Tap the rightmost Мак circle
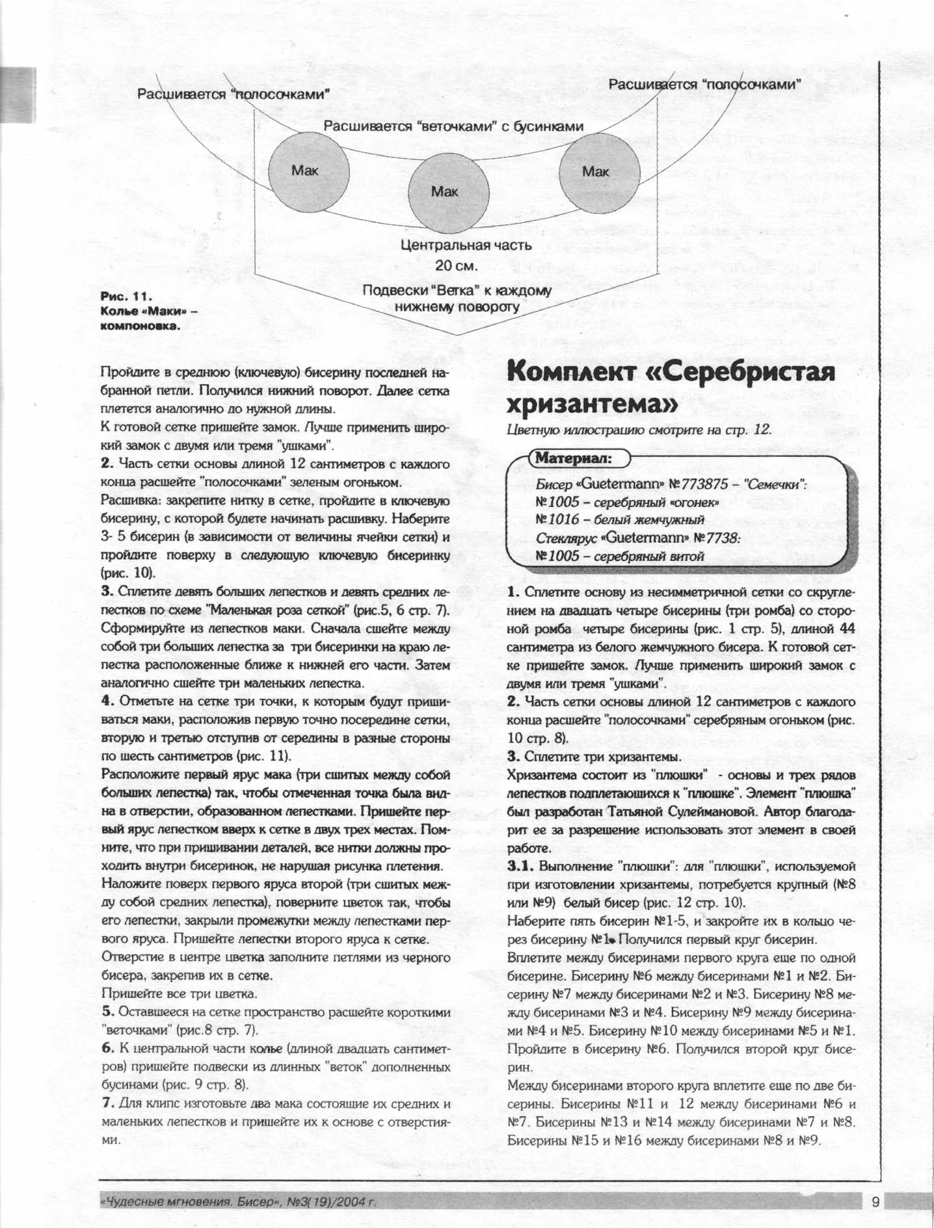pyautogui.click(x=596, y=172)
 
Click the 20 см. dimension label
pyautogui.click(x=457, y=266)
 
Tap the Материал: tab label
pyautogui.click(x=573, y=458)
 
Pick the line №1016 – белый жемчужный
pyautogui.click(x=620, y=520)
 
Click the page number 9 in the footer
pyautogui.click(x=875, y=1202)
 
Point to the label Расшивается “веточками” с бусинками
pyautogui.click(x=453, y=126)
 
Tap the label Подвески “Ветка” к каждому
pyautogui.click(x=457, y=291)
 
